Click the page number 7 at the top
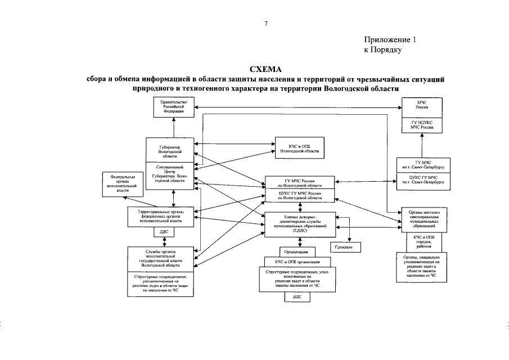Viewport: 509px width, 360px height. point(265,24)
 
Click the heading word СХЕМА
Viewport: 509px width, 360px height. point(265,69)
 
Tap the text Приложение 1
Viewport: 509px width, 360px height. point(390,40)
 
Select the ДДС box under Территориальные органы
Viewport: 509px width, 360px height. point(164,231)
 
